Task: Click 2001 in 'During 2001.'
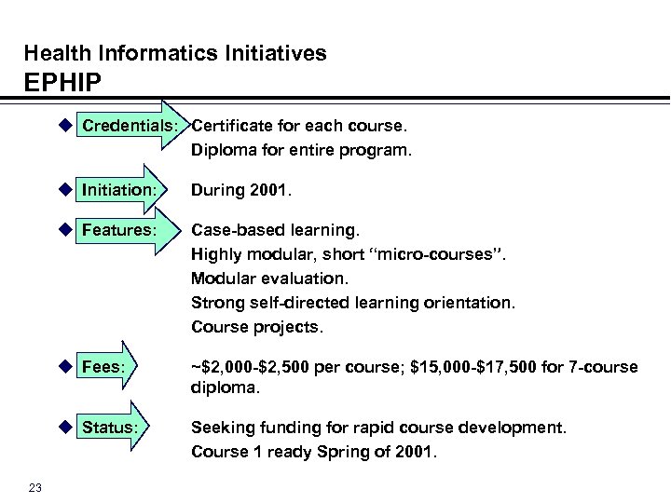click(x=272, y=190)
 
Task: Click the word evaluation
click(x=299, y=279)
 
